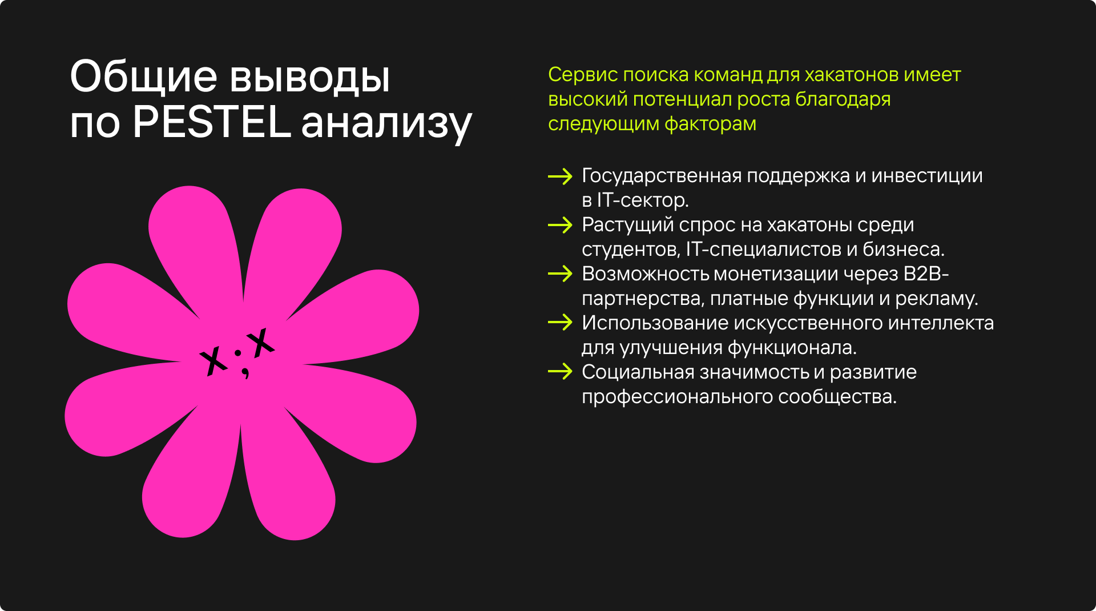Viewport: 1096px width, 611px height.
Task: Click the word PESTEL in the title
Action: coord(211,123)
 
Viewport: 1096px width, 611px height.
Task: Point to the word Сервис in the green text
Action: coord(582,75)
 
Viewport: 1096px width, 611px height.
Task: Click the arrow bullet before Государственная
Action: coord(560,176)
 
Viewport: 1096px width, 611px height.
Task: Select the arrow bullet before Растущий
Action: coord(560,226)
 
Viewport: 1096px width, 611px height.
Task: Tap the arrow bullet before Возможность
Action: coord(560,275)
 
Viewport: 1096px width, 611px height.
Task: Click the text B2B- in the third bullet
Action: coord(926,275)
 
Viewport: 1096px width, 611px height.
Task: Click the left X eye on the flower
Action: coord(213,360)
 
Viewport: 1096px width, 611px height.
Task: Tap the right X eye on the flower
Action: coord(261,343)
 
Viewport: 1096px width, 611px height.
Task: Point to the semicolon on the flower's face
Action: coord(241,363)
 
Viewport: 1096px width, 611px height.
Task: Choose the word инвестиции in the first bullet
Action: coord(927,176)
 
